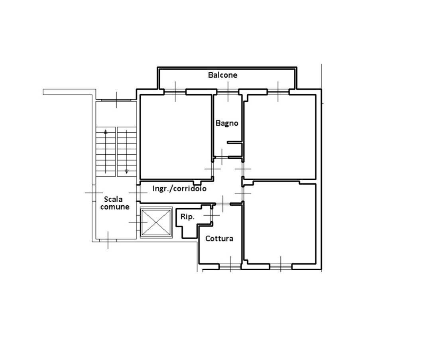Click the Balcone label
tap(223, 75)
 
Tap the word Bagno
tap(227, 123)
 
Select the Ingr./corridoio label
tap(179, 189)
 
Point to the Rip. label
tap(187, 217)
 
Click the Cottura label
tap(219, 239)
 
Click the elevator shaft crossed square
tap(156, 222)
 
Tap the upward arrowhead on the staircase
tap(106, 132)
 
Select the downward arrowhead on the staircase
tap(127, 171)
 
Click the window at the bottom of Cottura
tap(230, 266)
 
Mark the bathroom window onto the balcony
tap(228, 92)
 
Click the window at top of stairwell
tap(116, 100)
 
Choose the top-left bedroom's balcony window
tap(175, 92)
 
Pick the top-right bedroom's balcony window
tap(278, 92)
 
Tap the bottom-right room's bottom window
tap(281, 266)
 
